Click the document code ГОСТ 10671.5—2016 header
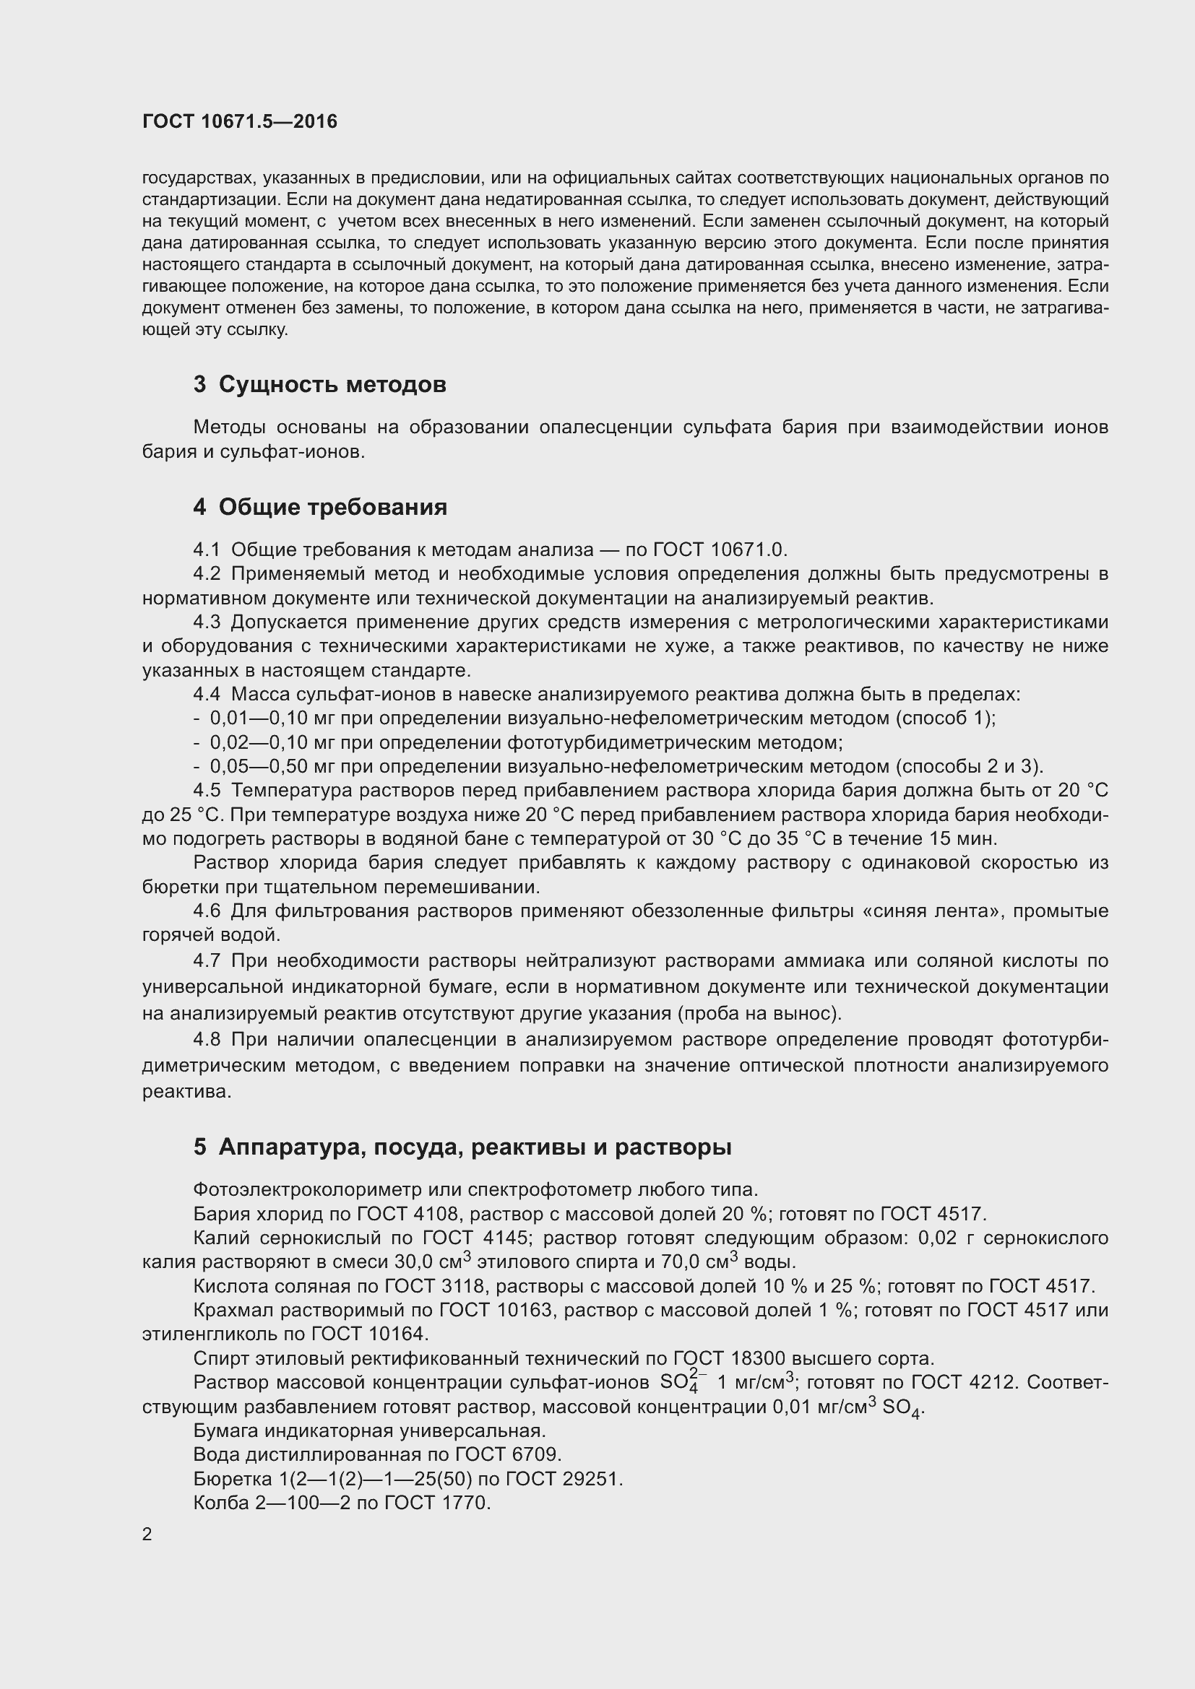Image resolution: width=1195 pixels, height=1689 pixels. point(240,121)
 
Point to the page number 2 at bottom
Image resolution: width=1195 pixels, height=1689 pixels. point(147,1534)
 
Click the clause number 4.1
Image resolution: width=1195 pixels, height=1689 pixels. point(207,550)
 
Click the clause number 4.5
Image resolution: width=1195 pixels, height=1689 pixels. point(207,791)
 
